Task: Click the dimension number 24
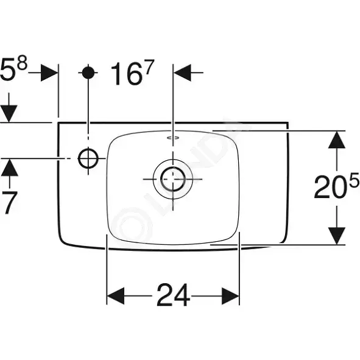[x=174, y=295]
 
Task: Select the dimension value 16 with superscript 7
[x=132, y=72]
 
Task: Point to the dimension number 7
[x=9, y=203]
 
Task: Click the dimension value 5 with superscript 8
[x=14, y=68]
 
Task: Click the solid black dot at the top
[x=88, y=72]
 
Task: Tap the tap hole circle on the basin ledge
[x=88, y=158]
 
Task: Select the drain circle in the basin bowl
[x=173, y=179]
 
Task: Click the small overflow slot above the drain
[x=173, y=138]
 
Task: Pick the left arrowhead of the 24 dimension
[x=116, y=295]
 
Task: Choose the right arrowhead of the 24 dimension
[x=230, y=295]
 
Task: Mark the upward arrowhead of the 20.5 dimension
[x=337, y=139]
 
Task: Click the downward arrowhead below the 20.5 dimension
[x=337, y=236]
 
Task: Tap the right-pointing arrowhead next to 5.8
[x=49, y=72]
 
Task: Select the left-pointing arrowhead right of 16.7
[x=183, y=72]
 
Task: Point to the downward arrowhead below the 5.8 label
[x=9, y=114]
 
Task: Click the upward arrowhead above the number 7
[x=9, y=168]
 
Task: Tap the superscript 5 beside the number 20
[x=354, y=180]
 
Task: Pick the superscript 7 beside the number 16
[x=149, y=67]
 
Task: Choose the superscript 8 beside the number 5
[x=23, y=63]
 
